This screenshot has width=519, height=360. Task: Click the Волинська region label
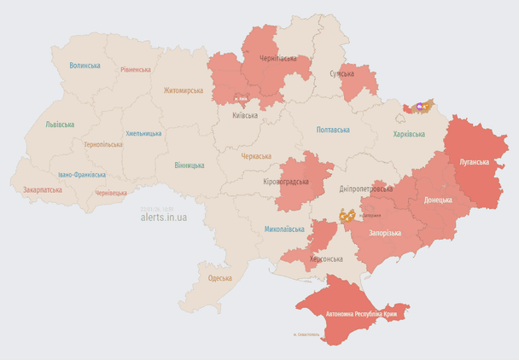85,66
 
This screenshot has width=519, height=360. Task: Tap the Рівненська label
135,70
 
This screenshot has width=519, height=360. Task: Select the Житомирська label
184,90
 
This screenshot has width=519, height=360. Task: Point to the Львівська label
60,125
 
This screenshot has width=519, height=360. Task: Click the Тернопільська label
102,144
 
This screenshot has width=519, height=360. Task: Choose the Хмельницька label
143,133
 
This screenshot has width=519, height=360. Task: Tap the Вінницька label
189,165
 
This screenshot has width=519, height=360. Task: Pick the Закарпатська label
42,189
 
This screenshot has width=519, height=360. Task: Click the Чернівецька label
111,194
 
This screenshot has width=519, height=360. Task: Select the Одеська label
219,278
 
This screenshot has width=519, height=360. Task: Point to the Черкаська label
256,156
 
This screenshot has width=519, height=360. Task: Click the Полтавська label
333,130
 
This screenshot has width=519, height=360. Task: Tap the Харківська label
409,134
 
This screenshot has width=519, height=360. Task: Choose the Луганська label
475,161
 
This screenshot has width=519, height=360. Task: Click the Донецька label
438,200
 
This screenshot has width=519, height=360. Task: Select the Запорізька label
385,232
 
